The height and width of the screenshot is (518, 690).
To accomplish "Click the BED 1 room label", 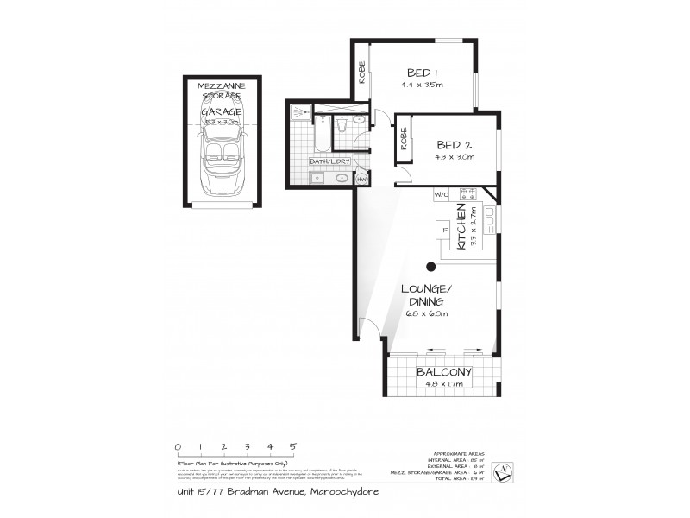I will [x=421, y=73].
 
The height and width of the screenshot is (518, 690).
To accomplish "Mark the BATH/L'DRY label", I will [x=329, y=161].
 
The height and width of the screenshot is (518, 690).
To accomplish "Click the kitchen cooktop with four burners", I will [x=468, y=194].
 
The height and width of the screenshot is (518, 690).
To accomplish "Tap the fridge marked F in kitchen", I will [x=445, y=231].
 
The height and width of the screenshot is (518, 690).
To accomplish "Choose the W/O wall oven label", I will [x=442, y=194].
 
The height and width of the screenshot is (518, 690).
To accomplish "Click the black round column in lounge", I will [x=430, y=266].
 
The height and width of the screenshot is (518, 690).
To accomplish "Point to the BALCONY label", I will [x=442, y=373].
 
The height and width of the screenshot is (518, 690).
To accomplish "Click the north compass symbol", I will [x=511, y=467].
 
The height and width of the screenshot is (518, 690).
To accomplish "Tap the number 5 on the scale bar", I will [x=293, y=446].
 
